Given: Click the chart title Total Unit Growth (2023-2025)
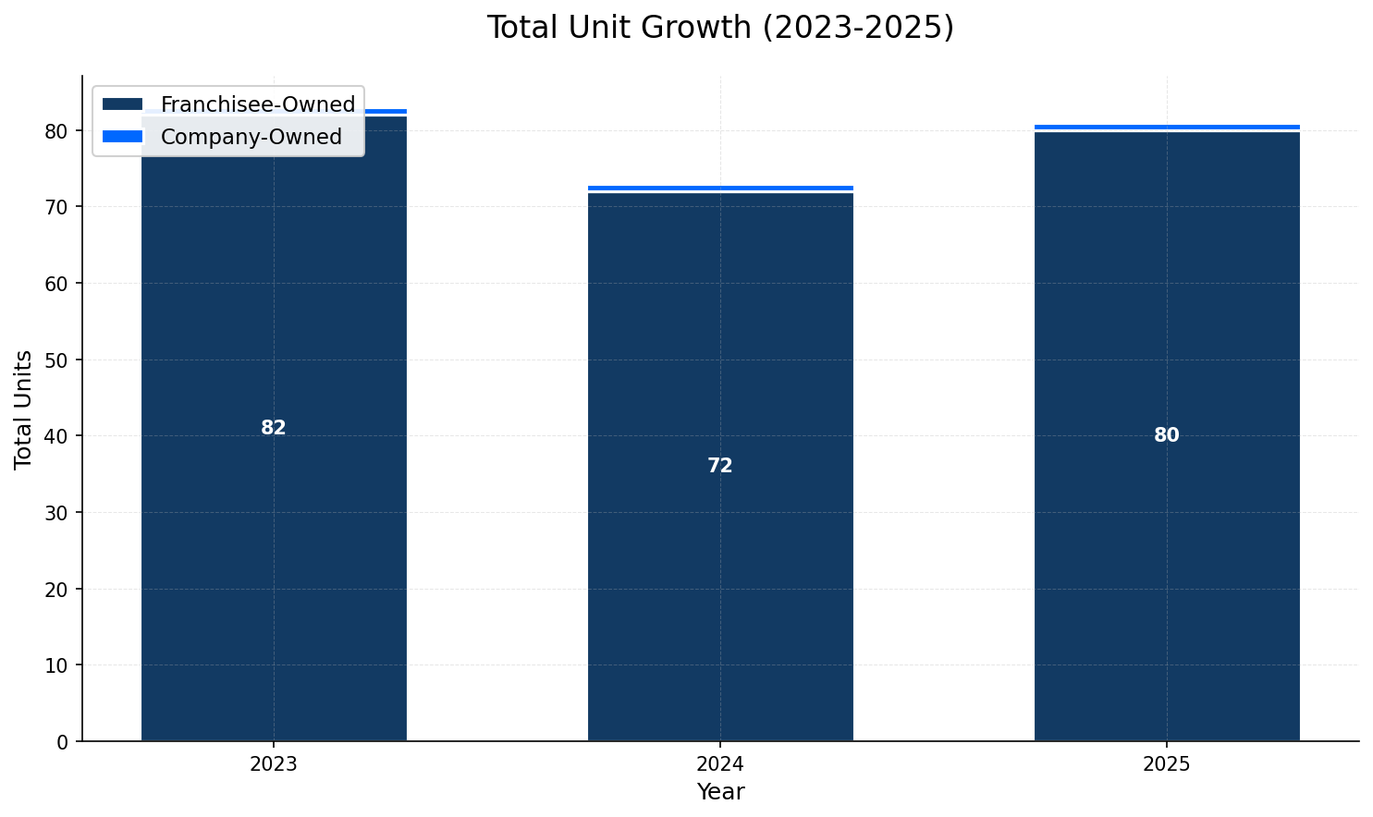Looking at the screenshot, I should (x=720, y=28).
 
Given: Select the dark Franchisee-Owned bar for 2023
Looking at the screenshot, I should (x=274, y=555).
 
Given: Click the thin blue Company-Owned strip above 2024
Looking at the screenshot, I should (x=720, y=188).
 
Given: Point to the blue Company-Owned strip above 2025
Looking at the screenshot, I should (x=1167, y=127).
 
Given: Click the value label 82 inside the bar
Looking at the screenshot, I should (x=274, y=428).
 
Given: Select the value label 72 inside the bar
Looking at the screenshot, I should (x=720, y=466).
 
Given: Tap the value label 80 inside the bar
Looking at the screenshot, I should (x=1167, y=435).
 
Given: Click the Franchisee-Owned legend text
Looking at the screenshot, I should (x=258, y=105).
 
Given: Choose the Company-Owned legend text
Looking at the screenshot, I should (x=251, y=137).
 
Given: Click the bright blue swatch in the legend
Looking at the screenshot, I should (x=123, y=137).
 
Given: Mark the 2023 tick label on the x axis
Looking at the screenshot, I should (x=274, y=764).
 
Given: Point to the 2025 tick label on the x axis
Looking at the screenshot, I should (x=1167, y=764).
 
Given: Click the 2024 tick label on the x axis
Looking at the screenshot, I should (x=720, y=764).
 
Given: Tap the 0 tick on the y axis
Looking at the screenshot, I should (x=63, y=741).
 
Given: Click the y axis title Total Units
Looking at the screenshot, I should (x=24, y=408).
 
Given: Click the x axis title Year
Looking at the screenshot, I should (x=720, y=792).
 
